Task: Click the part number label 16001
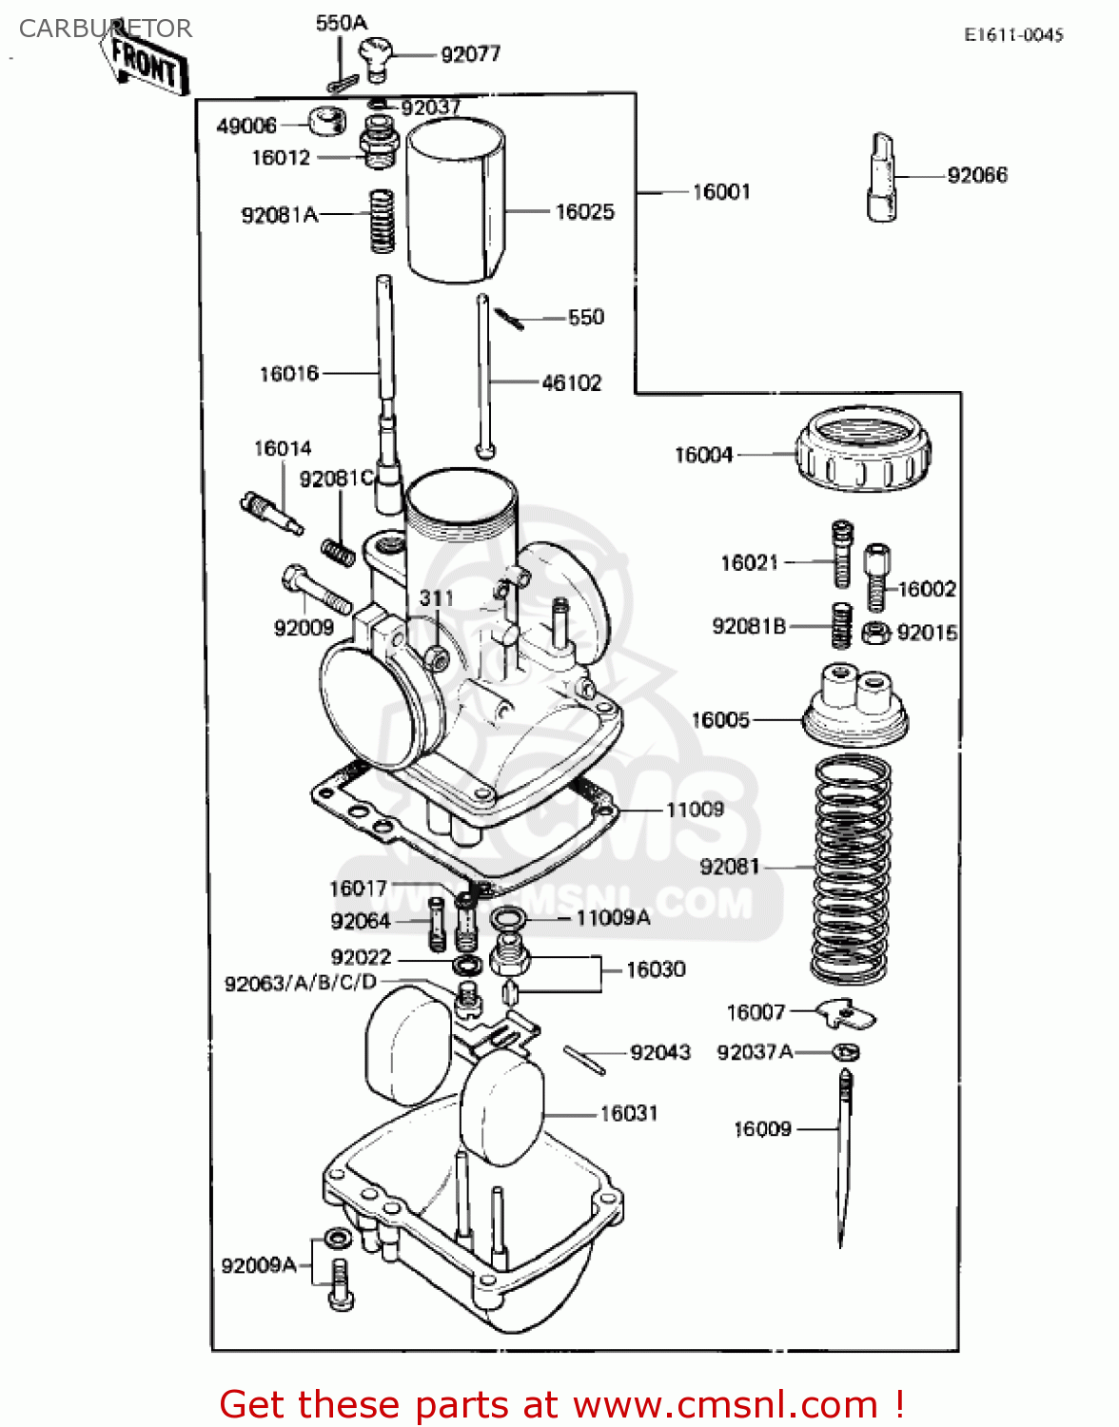(x=721, y=192)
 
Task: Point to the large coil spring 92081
(x=852, y=869)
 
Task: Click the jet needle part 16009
(x=843, y=1156)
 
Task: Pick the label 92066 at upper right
(x=977, y=175)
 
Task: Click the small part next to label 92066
(x=882, y=177)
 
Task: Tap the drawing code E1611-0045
(x=1013, y=35)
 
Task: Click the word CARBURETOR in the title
(x=106, y=29)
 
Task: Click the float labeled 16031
(x=501, y=1108)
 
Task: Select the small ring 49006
(x=325, y=121)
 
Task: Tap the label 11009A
(x=614, y=918)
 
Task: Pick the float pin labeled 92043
(x=584, y=1060)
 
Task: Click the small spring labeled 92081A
(x=382, y=221)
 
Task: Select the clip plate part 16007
(x=846, y=1014)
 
